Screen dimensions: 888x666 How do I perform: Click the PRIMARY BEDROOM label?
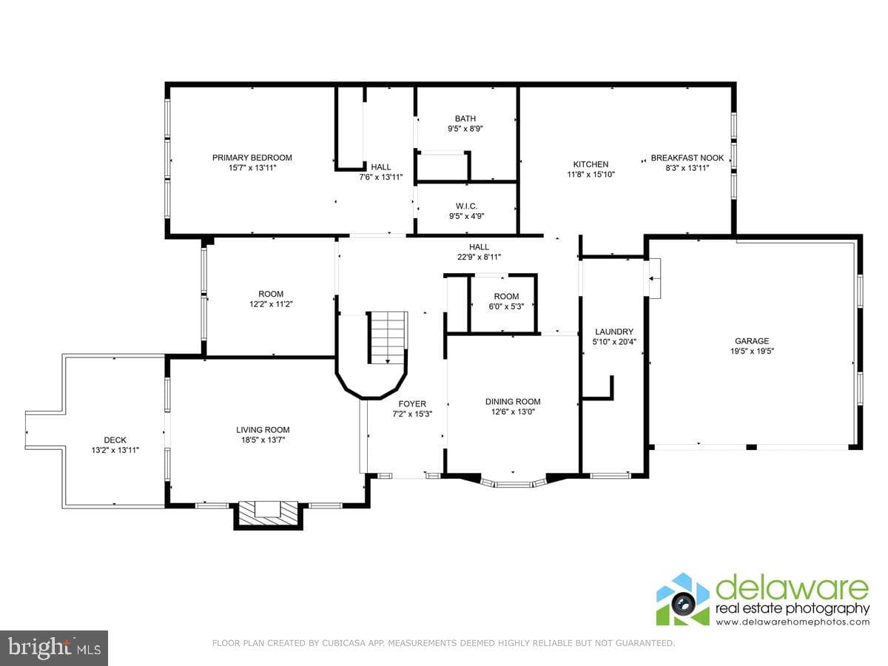point(252,158)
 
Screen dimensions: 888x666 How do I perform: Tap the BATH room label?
point(465,118)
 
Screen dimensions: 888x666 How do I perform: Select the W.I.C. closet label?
point(466,206)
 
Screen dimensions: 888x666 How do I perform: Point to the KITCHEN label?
point(591,164)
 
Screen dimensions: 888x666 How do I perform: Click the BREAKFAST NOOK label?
point(687,158)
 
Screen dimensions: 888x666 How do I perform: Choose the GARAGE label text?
point(752,341)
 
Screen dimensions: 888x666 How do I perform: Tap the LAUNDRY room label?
point(614,332)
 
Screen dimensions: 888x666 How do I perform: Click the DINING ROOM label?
point(513,402)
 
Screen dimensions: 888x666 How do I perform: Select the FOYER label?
point(412,403)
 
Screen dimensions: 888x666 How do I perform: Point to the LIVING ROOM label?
point(263,430)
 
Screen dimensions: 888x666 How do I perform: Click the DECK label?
point(115,440)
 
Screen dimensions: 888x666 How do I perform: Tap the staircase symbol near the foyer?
point(387,337)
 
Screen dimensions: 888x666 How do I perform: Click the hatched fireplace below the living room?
point(268,514)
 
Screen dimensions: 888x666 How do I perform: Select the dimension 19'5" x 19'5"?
point(752,351)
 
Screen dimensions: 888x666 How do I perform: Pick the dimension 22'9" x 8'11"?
point(479,257)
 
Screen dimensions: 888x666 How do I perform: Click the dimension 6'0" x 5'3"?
point(506,306)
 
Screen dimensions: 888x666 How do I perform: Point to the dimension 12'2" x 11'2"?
point(271,304)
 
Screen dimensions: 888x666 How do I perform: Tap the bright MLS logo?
point(54,647)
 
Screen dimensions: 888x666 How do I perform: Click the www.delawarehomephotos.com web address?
point(793,622)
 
